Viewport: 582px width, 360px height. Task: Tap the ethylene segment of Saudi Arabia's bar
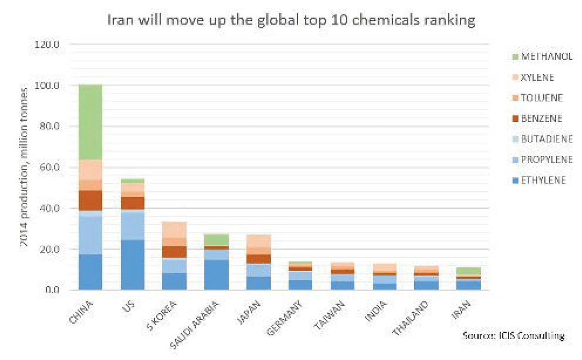point(216,275)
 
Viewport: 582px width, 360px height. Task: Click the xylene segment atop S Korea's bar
point(174,229)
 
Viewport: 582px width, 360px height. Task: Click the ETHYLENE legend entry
point(538,180)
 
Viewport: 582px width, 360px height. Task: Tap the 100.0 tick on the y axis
point(47,85)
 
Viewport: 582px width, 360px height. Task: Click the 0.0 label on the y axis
point(50,290)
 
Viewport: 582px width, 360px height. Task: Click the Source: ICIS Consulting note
point(513,335)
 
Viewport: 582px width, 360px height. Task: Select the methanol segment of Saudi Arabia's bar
point(216,240)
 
